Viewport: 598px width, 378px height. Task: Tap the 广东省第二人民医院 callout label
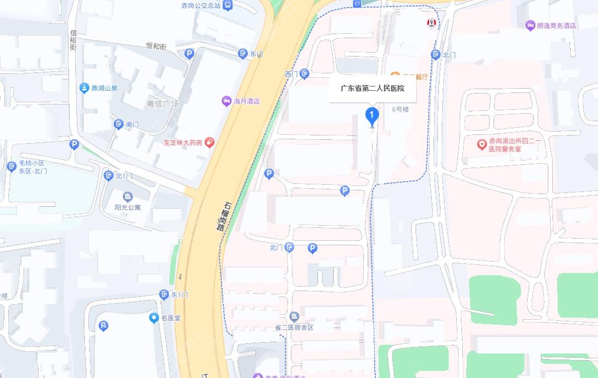pos(373,89)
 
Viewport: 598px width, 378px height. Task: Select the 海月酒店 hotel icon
pos(226,101)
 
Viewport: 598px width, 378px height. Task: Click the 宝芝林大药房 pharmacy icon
pos(209,142)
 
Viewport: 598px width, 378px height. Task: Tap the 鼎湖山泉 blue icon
pos(84,88)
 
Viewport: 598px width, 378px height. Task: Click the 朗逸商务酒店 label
pos(556,26)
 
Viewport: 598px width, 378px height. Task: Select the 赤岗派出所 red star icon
pos(481,144)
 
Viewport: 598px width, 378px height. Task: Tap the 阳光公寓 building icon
pos(127,196)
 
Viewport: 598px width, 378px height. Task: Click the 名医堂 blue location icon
pos(154,318)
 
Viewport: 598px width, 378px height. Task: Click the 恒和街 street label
pos(155,47)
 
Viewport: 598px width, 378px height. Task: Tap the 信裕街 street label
pos(73,39)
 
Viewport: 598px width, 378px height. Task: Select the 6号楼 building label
pos(400,109)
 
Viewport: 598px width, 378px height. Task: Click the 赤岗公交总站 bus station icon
pos(227,5)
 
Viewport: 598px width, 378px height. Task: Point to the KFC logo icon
pos(431,23)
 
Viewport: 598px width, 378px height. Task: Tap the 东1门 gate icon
pos(164,295)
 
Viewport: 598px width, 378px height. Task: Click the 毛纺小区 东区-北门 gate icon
pos(11,166)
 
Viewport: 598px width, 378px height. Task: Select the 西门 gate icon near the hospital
pos(304,73)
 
